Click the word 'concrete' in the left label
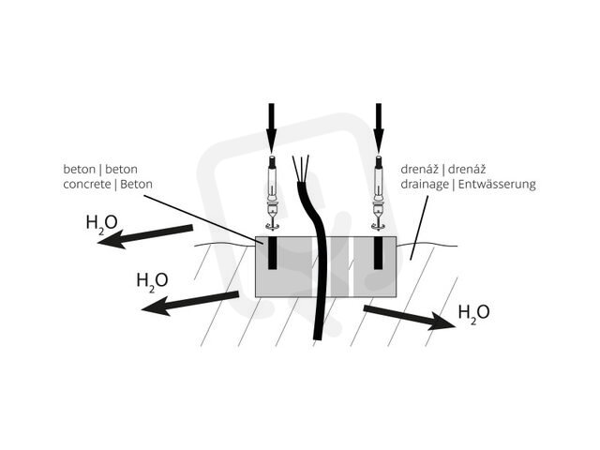point(87,185)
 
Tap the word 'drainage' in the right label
point(425,185)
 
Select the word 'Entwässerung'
point(497,185)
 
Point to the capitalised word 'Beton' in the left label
point(136,184)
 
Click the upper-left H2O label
point(102,223)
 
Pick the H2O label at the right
point(473,312)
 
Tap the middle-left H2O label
point(152,280)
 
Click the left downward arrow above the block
point(271,127)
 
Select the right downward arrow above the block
point(379,127)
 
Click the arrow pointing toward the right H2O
point(409,317)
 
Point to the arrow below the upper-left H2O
point(145,236)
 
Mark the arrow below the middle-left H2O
point(190,303)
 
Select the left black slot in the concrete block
point(272,253)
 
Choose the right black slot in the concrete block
point(379,253)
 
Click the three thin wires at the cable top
point(301,169)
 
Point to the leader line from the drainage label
point(419,228)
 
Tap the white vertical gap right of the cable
point(351,266)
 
